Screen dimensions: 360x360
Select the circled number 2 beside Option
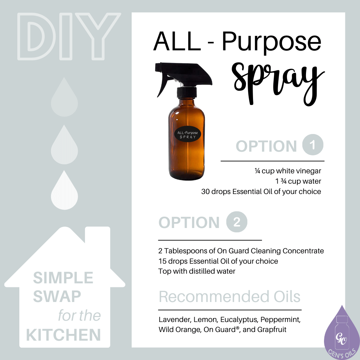pyautogui.click(x=237, y=222)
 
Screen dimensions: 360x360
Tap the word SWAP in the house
pyautogui.click(x=57, y=296)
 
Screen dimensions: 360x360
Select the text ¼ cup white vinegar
pyautogui.click(x=288, y=171)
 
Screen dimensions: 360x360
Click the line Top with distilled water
pyautogui.click(x=197, y=271)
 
